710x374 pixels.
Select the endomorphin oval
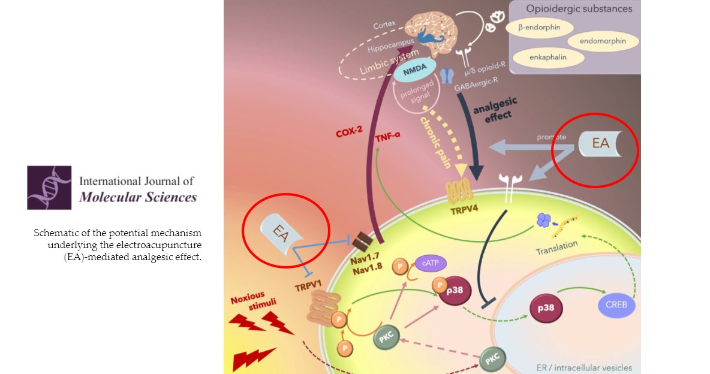(x=603, y=41)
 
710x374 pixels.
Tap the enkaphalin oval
(x=548, y=58)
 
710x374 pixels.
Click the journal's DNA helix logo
(x=49, y=187)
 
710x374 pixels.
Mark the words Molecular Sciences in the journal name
(x=138, y=197)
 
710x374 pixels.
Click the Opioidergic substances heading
(x=579, y=8)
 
